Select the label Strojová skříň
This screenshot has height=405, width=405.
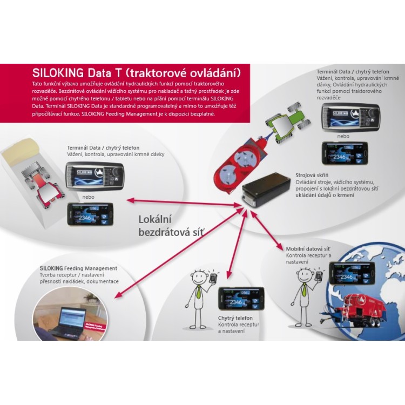[312, 175]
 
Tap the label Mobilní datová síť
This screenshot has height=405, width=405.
[308, 248]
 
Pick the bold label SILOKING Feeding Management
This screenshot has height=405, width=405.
[78, 268]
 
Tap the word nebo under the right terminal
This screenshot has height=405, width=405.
[343, 136]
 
